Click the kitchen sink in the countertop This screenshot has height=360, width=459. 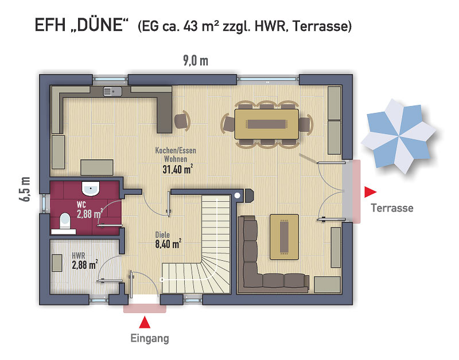pos(112,92)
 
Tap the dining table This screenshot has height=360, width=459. pos(267,124)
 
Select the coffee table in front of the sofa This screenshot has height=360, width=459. pos(284,237)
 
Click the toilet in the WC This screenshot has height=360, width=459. pos(65,221)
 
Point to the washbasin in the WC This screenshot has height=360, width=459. pos(91,189)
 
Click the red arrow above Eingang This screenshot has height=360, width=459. pos(145,322)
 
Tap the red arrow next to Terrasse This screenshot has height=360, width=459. pos(370,192)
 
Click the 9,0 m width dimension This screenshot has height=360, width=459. pos(196,61)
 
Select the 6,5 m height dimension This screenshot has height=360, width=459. pos(25,189)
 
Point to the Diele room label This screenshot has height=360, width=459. pos(162,234)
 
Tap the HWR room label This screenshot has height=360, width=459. pos(79,256)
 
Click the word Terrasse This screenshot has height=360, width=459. pos(392,208)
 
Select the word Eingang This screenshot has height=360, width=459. pos(150,338)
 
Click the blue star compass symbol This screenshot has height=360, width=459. pos(398,136)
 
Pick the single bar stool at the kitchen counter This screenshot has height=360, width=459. pos(182,120)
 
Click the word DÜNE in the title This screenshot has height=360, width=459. pos(99,25)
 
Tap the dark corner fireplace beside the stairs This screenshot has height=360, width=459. pos(249,195)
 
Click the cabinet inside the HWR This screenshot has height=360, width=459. pos(57,263)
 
